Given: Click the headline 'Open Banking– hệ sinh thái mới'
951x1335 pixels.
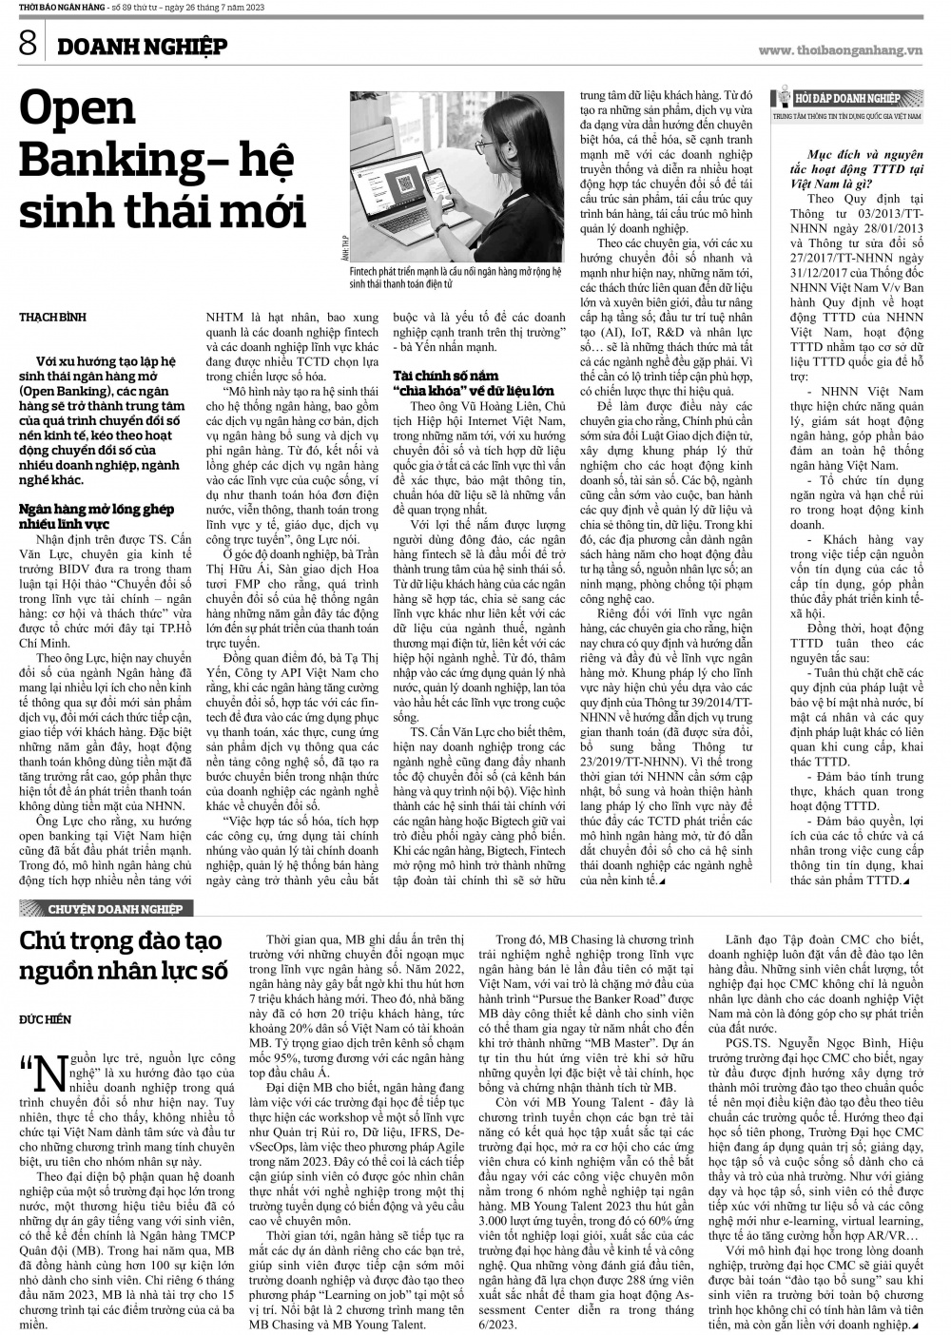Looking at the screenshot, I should pos(162,161).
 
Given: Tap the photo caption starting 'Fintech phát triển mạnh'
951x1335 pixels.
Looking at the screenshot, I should pos(448,277).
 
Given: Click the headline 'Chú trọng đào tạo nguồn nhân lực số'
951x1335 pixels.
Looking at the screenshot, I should pos(124,957).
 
